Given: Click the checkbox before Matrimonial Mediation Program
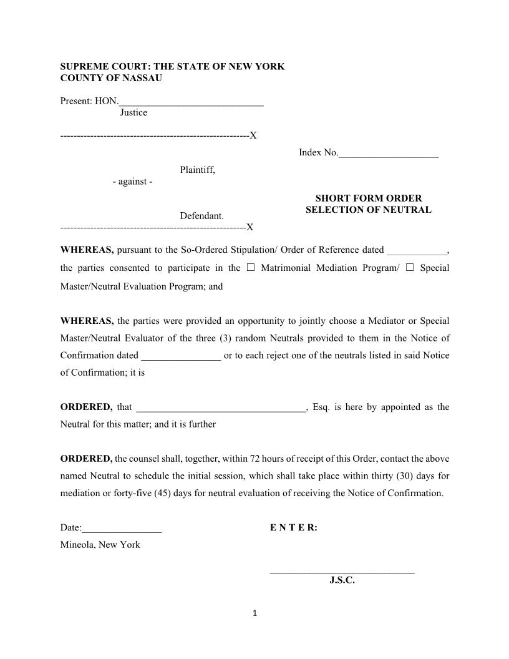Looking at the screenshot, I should tap(251, 268).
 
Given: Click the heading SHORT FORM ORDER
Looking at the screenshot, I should tap(368, 198).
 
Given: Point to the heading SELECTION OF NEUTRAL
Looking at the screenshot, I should tap(368, 210).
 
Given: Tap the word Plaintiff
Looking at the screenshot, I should tap(197, 170).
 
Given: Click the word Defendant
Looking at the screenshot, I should tap(201, 216).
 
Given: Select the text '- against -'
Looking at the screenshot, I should tap(132, 182).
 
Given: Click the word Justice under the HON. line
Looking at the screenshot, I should tap(133, 113).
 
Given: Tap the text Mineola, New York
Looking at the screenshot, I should tap(100, 545).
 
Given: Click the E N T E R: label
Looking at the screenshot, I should tap(294, 528).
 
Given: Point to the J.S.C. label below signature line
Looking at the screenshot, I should tap(342, 580).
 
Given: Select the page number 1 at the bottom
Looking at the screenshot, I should tap(254, 613).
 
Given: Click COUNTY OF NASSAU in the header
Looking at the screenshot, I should tap(111, 78).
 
